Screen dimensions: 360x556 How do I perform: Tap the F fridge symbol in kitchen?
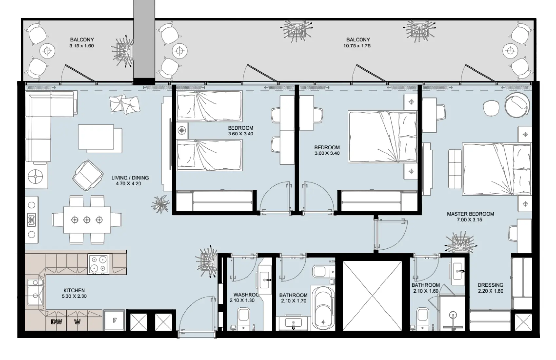point(115,320)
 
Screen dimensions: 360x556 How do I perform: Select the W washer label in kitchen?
point(77,322)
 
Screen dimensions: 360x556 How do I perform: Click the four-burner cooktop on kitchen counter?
point(99,264)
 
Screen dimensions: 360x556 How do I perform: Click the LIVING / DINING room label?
point(130,178)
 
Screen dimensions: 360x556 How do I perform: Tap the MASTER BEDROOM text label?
point(470,214)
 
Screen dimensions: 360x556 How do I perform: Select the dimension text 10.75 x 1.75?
point(357,46)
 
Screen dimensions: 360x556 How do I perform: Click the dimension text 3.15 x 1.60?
point(82,46)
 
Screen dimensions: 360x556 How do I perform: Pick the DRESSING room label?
point(490,285)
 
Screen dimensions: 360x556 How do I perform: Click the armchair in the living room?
point(87,175)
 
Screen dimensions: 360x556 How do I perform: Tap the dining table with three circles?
point(87,220)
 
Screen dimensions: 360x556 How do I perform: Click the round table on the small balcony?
point(47,51)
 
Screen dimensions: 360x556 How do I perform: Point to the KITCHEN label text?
point(74,290)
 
